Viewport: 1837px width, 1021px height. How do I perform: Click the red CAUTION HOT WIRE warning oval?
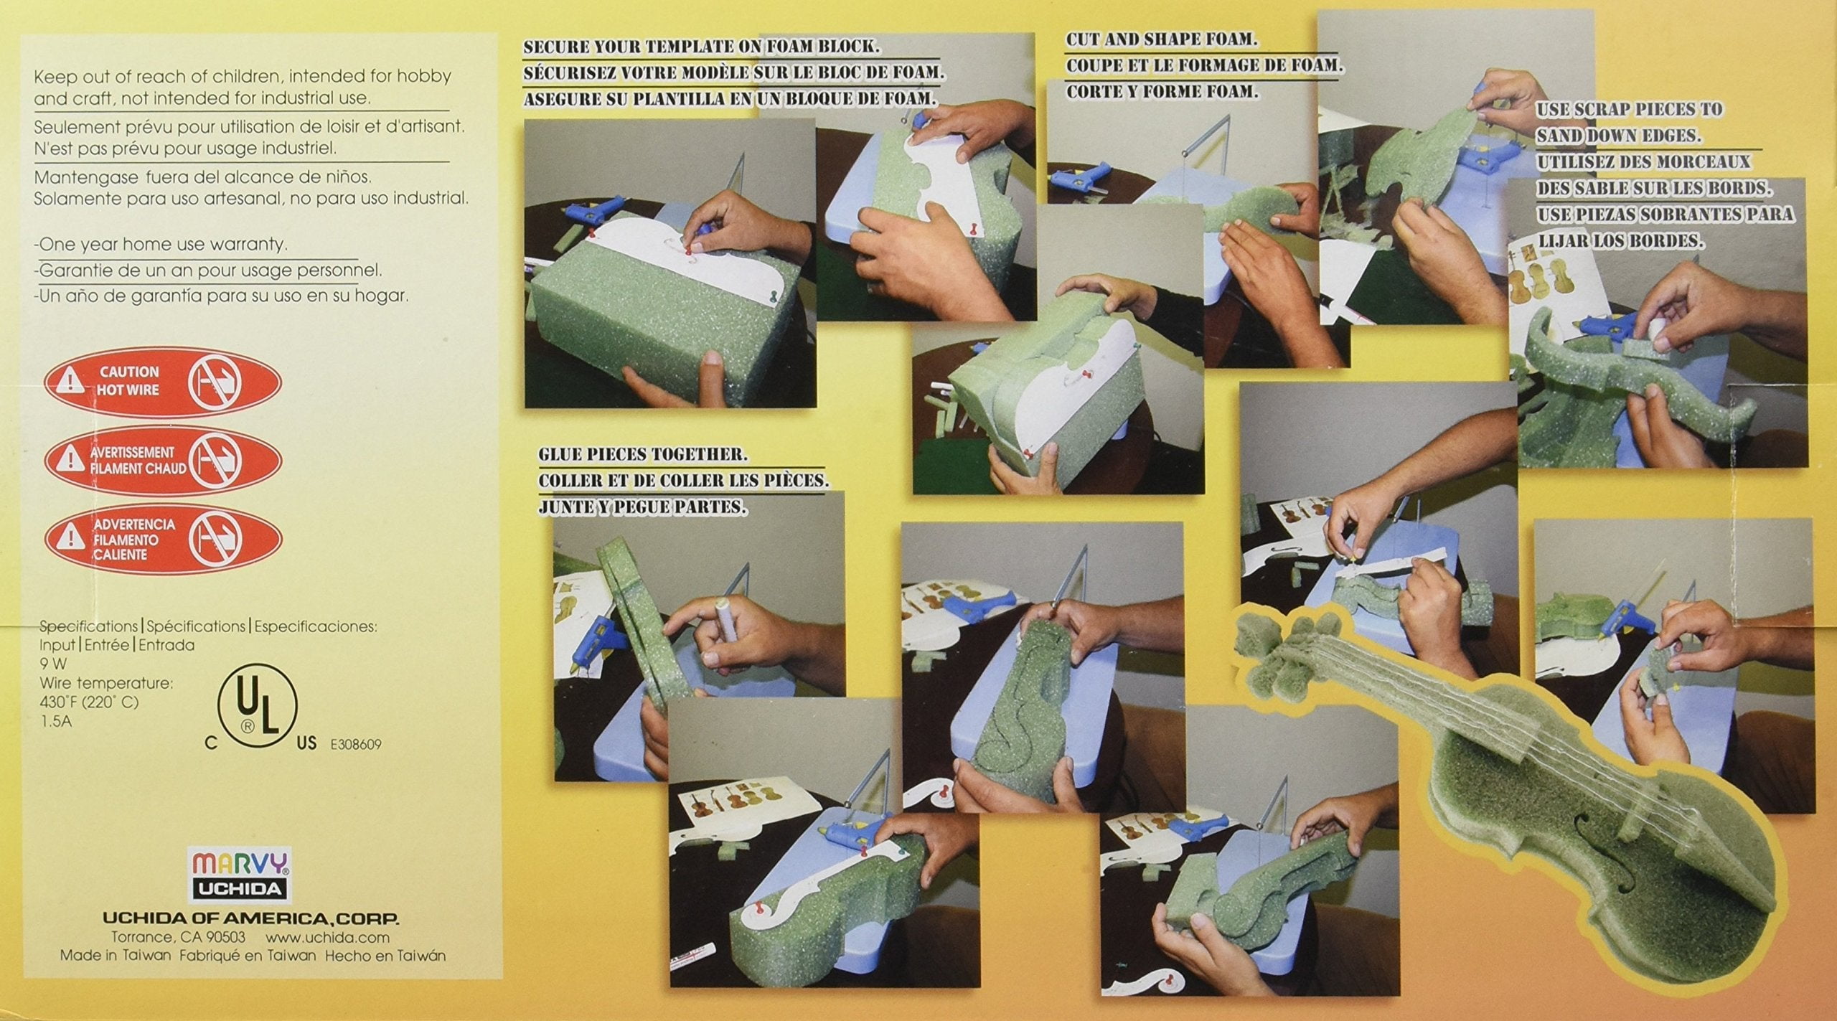(163, 382)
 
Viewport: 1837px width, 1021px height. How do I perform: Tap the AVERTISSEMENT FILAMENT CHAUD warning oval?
(163, 460)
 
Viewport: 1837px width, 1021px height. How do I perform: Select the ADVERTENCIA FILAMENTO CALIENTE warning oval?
(163, 540)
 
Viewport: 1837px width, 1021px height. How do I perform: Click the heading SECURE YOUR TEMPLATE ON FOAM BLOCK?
(701, 47)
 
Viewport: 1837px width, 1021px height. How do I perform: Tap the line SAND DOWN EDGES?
(1619, 136)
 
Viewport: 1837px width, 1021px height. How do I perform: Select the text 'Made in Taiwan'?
(116, 956)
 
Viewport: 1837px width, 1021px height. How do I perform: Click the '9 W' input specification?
(53, 664)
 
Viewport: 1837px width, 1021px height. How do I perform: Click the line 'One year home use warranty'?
(162, 244)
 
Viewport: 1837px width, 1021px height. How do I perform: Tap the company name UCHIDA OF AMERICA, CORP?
(250, 918)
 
